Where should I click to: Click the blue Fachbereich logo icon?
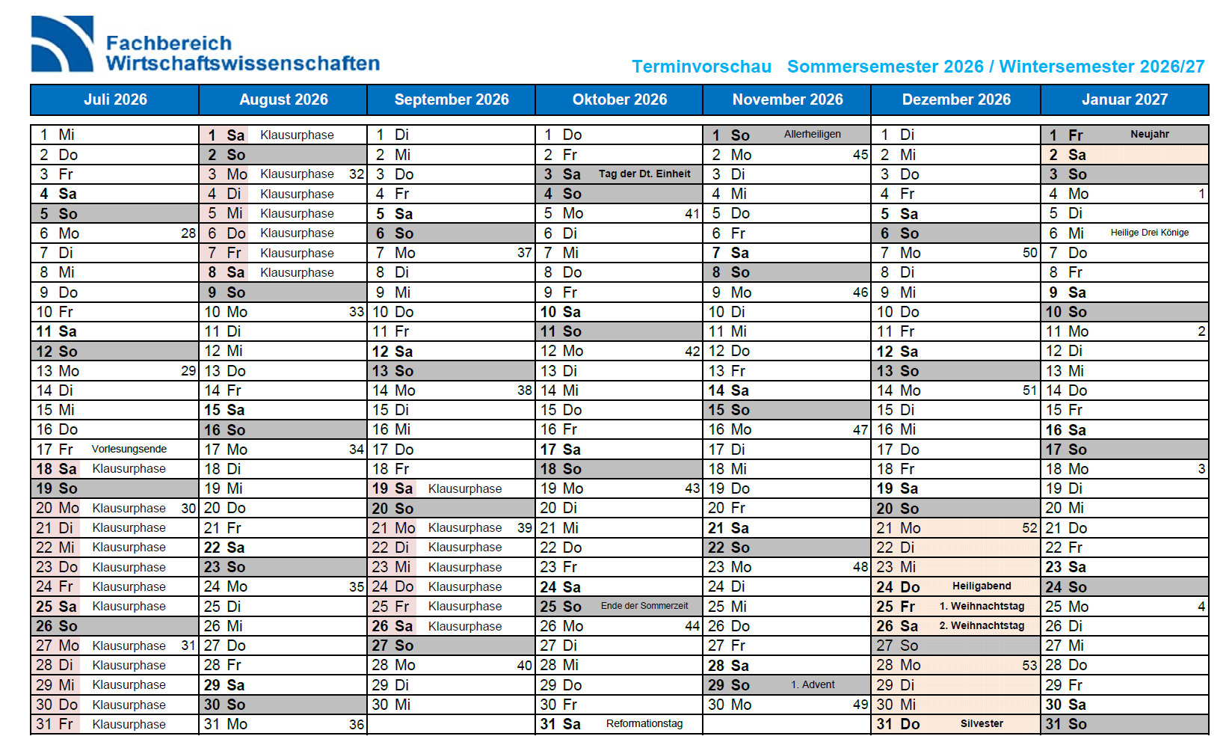(x=62, y=44)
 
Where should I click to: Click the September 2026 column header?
(x=451, y=99)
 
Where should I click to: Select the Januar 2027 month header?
(x=1124, y=99)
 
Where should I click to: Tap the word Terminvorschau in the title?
(x=701, y=67)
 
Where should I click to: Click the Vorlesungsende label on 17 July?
(x=129, y=449)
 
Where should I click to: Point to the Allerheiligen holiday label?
(x=812, y=135)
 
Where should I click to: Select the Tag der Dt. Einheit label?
(x=644, y=174)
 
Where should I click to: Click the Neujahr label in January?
(x=1149, y=135)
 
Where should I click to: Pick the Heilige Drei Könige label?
(x=1149, y=233)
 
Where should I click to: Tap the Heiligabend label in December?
(x=981, y=586)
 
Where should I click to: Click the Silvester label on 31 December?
(x=982, y=724)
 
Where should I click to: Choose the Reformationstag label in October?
(x=644, y=724)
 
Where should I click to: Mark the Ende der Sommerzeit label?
(x=644, y=606)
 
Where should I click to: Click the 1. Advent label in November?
(x=813, y=684)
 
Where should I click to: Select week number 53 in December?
(x=1029, y=665)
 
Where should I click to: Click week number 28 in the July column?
(x=188, y=233)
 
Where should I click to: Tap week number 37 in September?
(x=524, y=253)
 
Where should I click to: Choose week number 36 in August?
(x=357, y=725)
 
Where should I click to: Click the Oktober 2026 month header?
(x=619, y=99)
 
